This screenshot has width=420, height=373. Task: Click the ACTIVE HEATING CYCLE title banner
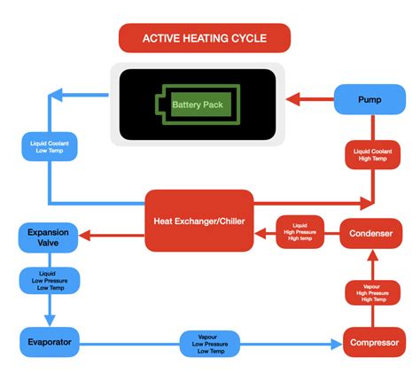point(204,37)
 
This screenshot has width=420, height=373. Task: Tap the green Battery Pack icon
point(198,105)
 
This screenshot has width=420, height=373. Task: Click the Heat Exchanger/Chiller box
point(198,220)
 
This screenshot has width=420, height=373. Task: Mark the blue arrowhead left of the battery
point(55,95)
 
